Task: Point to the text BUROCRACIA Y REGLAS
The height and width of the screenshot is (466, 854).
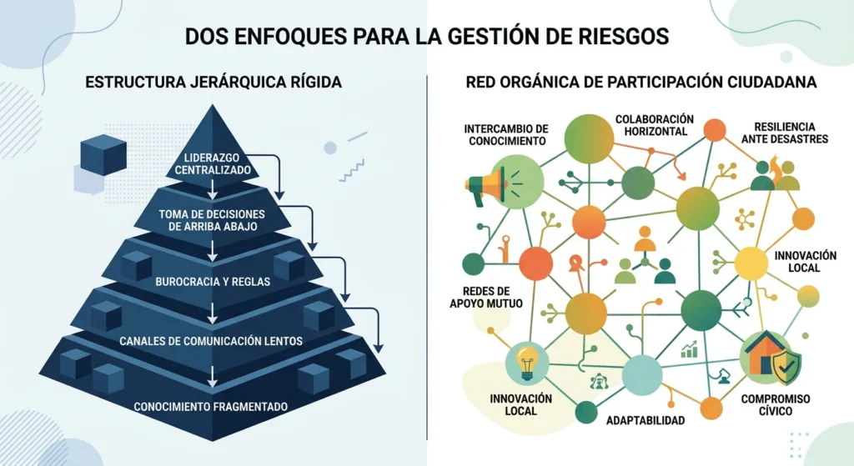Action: (x=213, y=282)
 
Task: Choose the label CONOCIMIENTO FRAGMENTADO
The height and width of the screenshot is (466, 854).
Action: (x=211, y=407)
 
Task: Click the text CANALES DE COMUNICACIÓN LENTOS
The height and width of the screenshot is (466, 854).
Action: (x=211, y=341)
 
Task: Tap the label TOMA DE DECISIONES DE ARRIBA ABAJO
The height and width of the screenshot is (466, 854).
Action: (x=213, y=220)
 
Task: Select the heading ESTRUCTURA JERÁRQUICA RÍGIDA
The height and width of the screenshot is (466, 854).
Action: (x=213, y=82)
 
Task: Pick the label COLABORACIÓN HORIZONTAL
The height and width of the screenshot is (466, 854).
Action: (x=655, y=125)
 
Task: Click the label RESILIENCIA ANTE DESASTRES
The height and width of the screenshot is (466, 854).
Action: (x=785, y=133)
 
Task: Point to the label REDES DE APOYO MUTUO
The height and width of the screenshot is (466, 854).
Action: (x=486, y=298)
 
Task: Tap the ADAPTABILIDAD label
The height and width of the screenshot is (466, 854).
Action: (x=646, y=420)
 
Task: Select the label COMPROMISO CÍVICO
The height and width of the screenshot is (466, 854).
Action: (x=776, y=404)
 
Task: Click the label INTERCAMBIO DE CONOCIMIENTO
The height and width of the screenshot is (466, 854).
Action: (x=506, y=135)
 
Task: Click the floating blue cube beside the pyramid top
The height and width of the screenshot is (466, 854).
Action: (x=103, y=154)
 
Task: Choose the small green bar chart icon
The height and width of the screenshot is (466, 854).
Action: (x=690, y=349)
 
